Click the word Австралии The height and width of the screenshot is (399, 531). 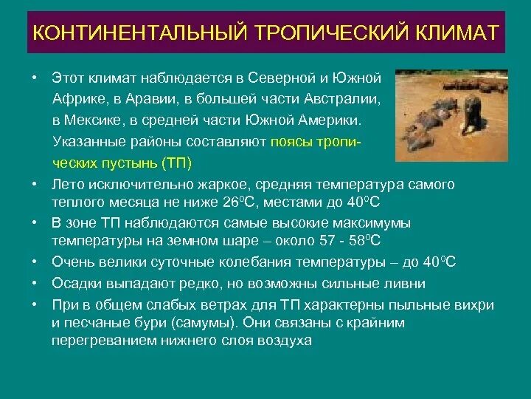340,98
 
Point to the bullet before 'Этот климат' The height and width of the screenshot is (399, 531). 34,77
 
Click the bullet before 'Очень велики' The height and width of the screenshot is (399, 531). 34,262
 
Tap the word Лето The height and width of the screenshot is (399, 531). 66,184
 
